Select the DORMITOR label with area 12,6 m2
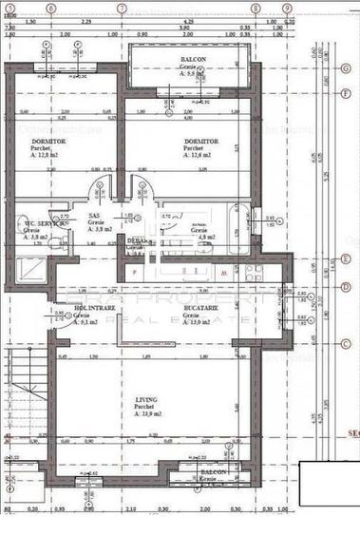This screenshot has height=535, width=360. point(200,141)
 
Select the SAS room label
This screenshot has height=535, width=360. point(94,216)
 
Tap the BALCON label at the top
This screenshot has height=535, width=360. point(194,59)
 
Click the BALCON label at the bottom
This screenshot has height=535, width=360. point(213,470)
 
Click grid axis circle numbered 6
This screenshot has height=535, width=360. point(50,8)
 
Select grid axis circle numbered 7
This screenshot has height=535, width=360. point(121,8)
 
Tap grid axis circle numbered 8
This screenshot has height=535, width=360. point(256,8)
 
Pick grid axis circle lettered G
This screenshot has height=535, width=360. point(345,69)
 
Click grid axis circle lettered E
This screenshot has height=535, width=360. point(345,258)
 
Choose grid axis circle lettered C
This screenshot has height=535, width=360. point(345,343)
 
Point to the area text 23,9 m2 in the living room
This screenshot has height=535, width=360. point(146,414)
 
